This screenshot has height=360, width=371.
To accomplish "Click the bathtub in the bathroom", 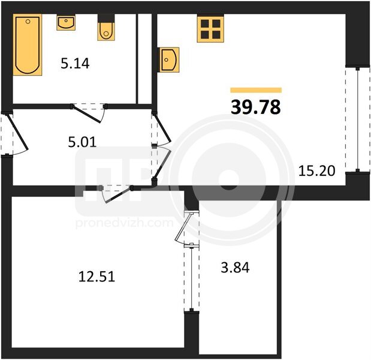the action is tap(28, 44).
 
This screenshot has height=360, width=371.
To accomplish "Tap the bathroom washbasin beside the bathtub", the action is tap(66, 23).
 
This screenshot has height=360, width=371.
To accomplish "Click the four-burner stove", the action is tap(210, 28).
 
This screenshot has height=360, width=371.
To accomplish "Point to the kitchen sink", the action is tap(170, 59).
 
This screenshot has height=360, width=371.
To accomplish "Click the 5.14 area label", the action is tap(75, 64).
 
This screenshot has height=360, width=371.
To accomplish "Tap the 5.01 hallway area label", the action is tap(82, 142).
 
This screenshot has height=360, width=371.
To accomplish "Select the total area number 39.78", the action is tap(256, 107).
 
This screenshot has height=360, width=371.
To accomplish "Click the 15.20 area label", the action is tap(316, 171).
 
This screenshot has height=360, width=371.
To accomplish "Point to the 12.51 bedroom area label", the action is tap(96, 277).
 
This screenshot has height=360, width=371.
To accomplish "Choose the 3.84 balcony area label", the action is tap(235, 268).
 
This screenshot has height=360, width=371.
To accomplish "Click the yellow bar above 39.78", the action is tap(256, 90).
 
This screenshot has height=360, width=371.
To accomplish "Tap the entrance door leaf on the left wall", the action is tap(19, 132).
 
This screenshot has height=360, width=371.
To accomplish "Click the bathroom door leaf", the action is tap(87, 114).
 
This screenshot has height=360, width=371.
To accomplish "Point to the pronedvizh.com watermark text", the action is tap(125, 223).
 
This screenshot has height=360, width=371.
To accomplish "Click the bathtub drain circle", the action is tap(28, 22).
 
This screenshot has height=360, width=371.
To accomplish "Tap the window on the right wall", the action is tap(358, 119).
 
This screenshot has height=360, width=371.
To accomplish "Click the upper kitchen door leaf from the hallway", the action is tap(162, 127).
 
